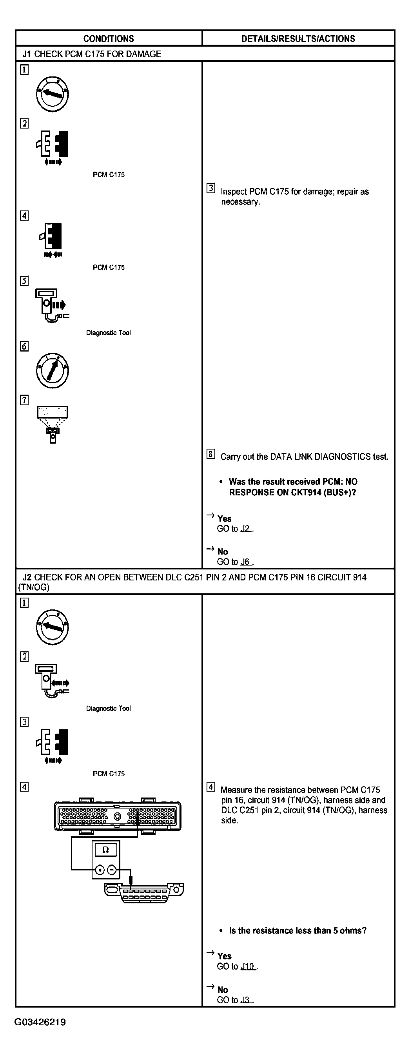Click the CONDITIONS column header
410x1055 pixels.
tap(109, 38)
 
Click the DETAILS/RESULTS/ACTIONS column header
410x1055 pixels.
tap(298, 38)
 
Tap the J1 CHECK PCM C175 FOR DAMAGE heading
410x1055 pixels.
tap(92, 54)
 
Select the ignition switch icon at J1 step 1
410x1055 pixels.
tap(52, 94)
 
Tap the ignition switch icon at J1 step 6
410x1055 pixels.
tap(52, 371)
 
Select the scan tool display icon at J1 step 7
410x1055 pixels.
tap(53, 424)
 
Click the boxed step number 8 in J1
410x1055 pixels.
tap(210, 454)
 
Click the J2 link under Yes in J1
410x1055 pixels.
tap(246, 529)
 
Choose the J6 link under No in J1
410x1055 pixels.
tap(246, 562)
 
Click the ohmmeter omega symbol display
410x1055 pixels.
tap(106, 850)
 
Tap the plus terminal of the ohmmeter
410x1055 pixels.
tap(100, 870)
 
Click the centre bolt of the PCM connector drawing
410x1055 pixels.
tap(117, 816)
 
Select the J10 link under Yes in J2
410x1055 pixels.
tap(248, 966)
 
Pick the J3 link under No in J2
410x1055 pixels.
tap(246, 1000)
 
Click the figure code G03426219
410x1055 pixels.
tap(40, 1022)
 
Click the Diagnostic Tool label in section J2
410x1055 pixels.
tap(108, 708)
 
